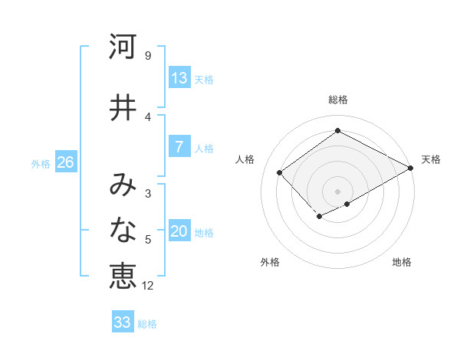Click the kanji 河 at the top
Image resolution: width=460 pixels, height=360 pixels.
point(122,47)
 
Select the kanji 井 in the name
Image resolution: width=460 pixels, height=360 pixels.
point(122,108)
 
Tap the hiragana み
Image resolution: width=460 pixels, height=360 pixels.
point(122,185)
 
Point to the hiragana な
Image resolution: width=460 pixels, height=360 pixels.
point(122,231)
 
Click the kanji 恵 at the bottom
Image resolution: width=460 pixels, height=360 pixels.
point(122,277)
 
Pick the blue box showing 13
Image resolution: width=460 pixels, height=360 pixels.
point(179,78)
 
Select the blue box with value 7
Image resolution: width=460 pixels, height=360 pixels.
point(179,148)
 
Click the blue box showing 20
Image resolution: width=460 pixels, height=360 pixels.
point(179,232)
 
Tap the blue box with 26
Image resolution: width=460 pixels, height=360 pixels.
point(65,162)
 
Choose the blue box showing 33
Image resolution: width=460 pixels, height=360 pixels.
point(122,322)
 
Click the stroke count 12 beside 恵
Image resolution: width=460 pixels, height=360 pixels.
point(148,286)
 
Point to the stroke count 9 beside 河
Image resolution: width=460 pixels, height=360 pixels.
point(148,56)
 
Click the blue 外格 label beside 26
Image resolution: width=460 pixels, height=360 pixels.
point(41,163)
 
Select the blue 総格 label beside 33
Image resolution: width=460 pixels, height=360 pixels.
point(147,323)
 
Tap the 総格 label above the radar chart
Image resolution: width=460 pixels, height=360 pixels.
point(337,100)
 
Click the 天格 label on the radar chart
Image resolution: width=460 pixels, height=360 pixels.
point(431,159)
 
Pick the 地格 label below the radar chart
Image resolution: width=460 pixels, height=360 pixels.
point(402,262)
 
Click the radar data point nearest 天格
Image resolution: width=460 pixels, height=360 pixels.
point(411,167)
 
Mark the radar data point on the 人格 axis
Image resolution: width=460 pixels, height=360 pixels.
point(280,172)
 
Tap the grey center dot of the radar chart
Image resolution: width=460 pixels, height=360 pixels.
point(337,191)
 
